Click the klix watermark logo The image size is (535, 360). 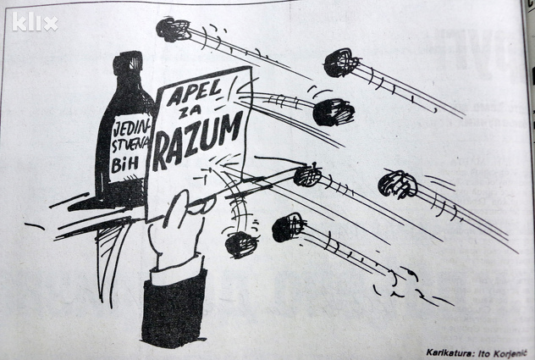(x=35, y=22)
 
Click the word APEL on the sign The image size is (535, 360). (x=195, y=92)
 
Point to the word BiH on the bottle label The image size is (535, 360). (x=125, y=164)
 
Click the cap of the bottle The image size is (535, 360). (x=128, y=64)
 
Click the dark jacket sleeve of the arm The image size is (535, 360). (x=174, y=307)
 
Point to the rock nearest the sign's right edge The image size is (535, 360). (x=333, y=113)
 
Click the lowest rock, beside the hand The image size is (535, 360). (x=241, y=244)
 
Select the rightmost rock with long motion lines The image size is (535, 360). (x=398, y=185)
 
